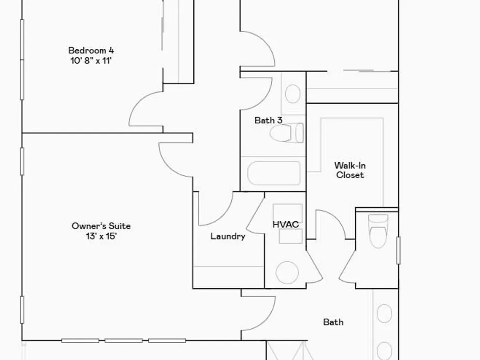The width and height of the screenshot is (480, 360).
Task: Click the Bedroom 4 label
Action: tap(91, 50)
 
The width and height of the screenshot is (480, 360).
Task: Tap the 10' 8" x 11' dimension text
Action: tap(91, 60)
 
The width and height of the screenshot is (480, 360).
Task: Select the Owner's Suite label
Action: tap(101, 226)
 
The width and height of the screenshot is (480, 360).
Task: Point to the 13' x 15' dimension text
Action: tap(101, 236)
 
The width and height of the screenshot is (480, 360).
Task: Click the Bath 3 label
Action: tap(268, 120)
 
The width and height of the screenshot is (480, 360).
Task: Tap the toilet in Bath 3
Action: tap(287, 133)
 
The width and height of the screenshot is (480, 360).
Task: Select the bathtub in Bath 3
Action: tap(274, 173)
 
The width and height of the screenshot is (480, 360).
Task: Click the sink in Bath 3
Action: tap(293, 94)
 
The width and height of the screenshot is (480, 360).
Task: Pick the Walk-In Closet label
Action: tap(350, 170)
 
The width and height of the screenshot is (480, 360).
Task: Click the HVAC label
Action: tap(286, 224)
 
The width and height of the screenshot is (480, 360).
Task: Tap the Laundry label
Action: tap(228, 236)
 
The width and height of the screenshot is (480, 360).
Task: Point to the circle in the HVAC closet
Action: tap(287, 272)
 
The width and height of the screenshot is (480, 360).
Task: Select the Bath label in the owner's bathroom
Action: tap(334, 322)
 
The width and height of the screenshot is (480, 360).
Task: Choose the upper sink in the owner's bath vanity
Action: tap(384, 313)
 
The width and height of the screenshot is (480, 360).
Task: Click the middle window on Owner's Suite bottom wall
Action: tap(124, 340)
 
